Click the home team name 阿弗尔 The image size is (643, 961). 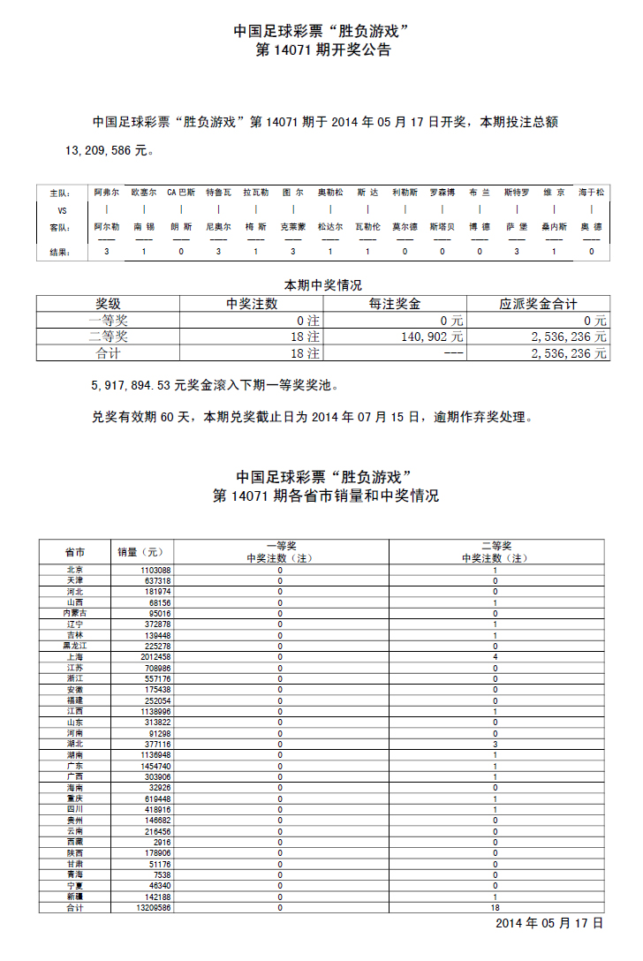[106, 192]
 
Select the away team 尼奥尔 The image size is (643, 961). [218, 227]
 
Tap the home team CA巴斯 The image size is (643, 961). [181, 192]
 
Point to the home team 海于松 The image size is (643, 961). [592, 192]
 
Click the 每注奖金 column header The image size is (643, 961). [395, 304]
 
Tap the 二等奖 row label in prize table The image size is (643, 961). [108, 337]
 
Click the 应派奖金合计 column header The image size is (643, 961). [538, 304]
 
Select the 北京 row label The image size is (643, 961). [75, 571]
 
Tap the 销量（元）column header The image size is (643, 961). [140, 552]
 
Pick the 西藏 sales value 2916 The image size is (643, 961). [162, 843]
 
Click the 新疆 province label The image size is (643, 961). [75, 897]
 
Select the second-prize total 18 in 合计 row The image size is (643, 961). [495, 907]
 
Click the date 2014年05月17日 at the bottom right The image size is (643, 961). [548, 923]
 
